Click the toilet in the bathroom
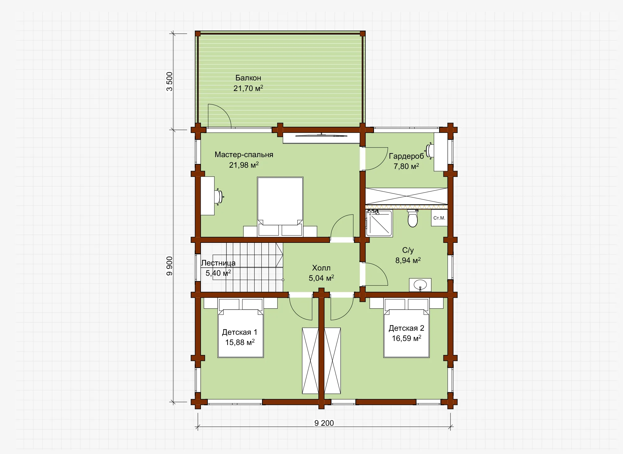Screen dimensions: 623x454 pyautogui.click(x=412, y=218)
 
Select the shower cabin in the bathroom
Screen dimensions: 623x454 pyautogui.click(x=379, y=223)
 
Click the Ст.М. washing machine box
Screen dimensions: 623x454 pyautogui.click(x=439, y=218)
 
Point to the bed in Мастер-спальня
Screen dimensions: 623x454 pyautogui.click(x=280, y=207)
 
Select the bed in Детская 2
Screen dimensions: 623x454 pyautogui.click(x=407, y=328)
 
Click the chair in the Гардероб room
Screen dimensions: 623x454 pyautogui.click(x=429, y=151)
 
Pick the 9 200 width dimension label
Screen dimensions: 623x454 pyautogui.click(x=324, y=423)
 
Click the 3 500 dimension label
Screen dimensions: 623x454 pyautogui.click(x=169, y=82)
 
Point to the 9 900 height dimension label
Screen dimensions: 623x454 pyautogui.click(x=169, y=266)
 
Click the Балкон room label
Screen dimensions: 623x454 pyautogui.click(x=248, y=78)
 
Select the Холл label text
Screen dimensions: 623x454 pyautogui.click(x=321, y=268)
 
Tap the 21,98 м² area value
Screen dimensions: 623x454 pyautogui.click(x=244, y=165)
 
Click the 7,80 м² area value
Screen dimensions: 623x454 pyautogui.click(x=406, y=166)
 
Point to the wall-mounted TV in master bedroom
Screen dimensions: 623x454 pyautogui.click(x=321, y=135)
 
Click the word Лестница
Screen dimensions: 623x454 pyautogui.click(x=218, y=263)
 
